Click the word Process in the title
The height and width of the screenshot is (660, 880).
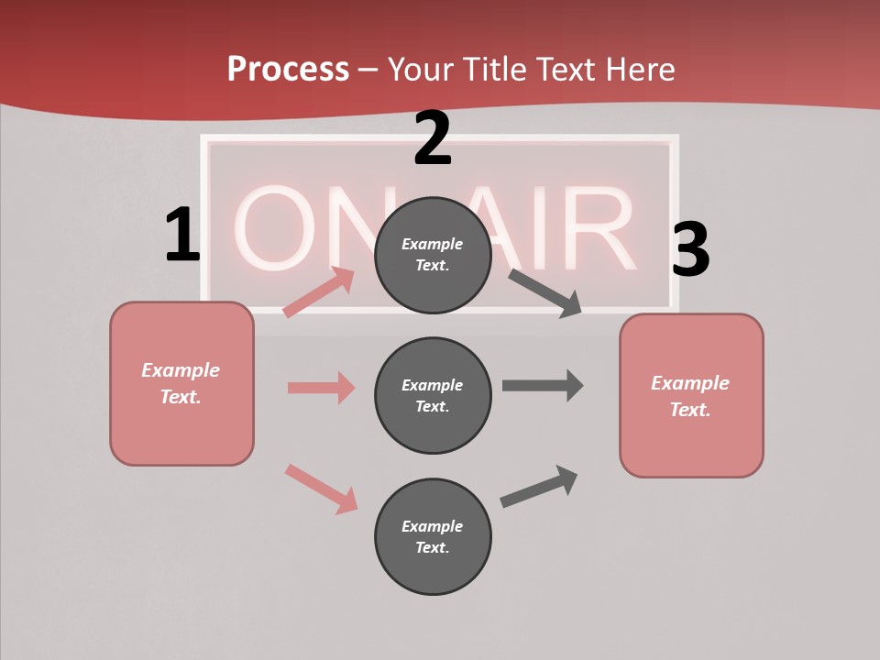288,70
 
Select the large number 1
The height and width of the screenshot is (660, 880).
181,235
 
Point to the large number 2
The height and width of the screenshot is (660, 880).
433,138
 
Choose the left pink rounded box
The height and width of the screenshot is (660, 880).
181,383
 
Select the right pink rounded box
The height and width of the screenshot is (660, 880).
691,395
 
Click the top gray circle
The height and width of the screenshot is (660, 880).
433,255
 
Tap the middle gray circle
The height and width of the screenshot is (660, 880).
433,395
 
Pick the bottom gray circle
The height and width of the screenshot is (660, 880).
433,536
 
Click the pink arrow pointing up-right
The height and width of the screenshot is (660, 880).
319,292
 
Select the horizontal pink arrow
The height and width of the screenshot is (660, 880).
321,388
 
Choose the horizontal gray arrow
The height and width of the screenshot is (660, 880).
543,386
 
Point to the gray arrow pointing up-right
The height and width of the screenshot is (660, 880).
539,486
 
